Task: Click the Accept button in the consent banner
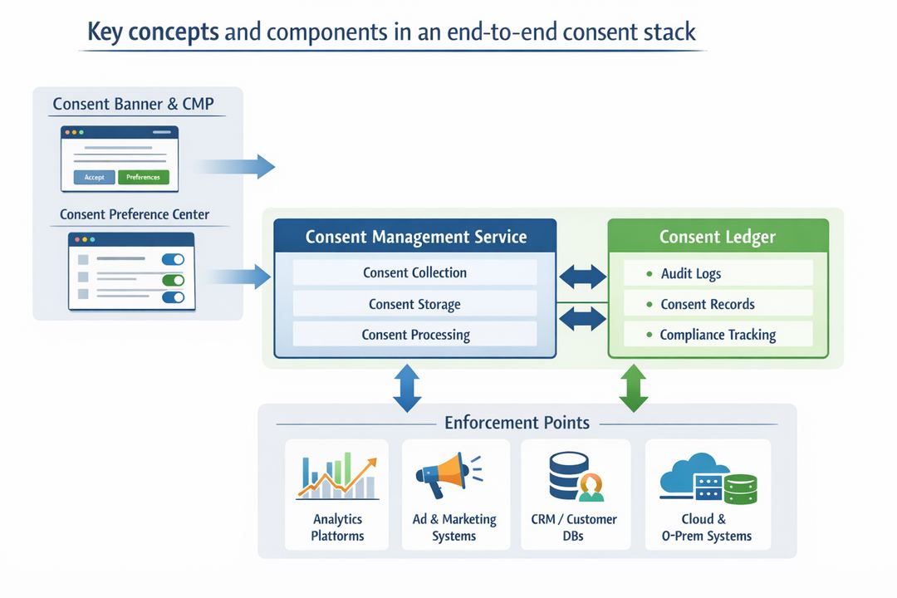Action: pyautogui.click(x=94, y=177)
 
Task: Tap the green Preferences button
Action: pyautogui.click(x=144, y=177)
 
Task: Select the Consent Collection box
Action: pyautogui.click(x=414, y=272)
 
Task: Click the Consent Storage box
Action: pyautogui.click(x=414, y=304)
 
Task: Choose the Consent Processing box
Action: pyautogui.click(x=414, y=335)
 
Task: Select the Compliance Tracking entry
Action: pyautogui.click(x=718, y=335)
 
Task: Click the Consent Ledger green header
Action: pyautogui.click(x=718, y=237)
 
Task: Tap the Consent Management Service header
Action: pyautogui.click(x=415, y=237)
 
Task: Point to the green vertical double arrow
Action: pyautogui.click(x=634, y=388)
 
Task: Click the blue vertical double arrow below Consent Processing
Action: pyautogui.click(x=407, y=388)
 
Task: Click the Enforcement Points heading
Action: pyautogui.click(x=517, y=422)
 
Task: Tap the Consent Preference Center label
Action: pyautogui.click(x=135, y=214)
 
